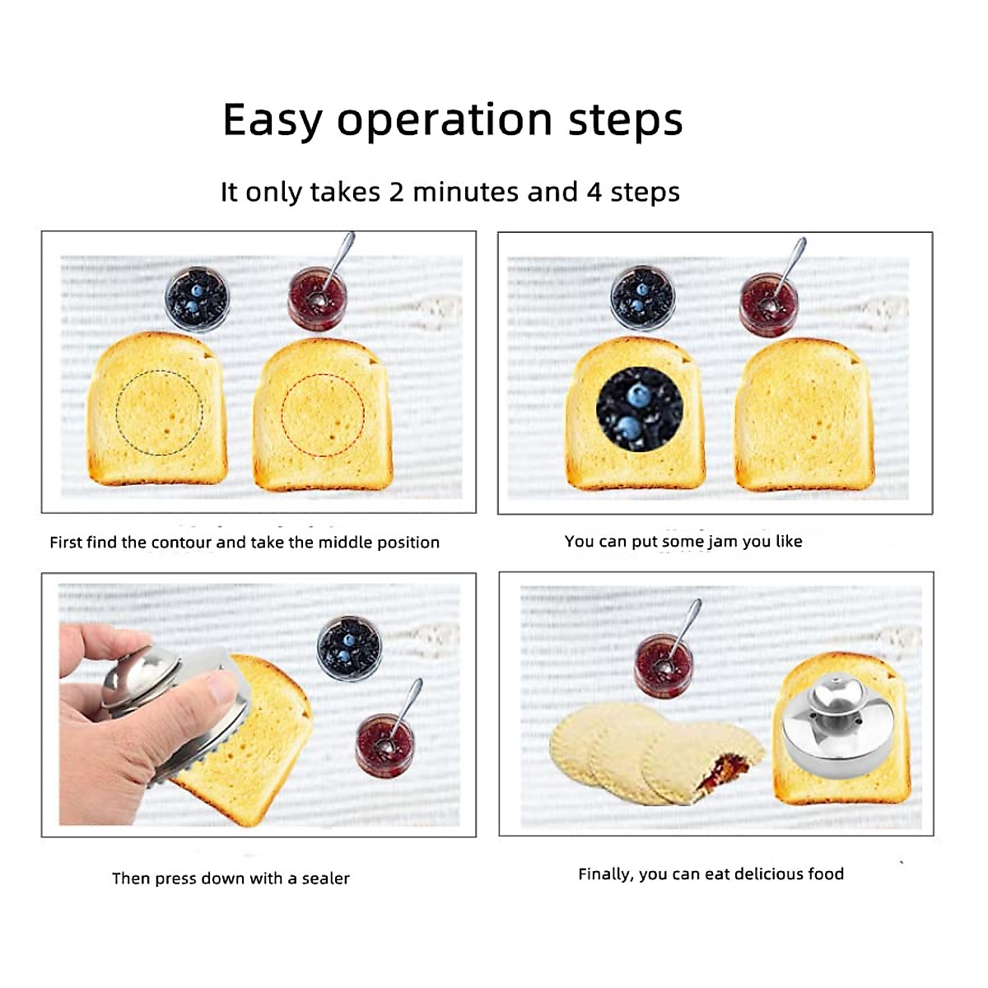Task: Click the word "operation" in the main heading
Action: [x=445, y=121]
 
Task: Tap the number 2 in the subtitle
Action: [x=397, y=192]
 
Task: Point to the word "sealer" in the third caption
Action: [x=325, y=878]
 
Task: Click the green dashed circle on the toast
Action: [x=159, y=412]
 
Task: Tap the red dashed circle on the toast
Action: [x=323, y=415]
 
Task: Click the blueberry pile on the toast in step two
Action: [x=639, y=408]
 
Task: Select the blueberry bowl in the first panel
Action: [x=197, y=298]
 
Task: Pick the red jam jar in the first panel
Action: [x=317, y=298]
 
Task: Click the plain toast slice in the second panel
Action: [x=804, y=416]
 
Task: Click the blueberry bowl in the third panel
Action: [x=349, y=648]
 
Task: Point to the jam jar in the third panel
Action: [x=384, y=745]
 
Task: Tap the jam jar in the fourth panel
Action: [x=664, y=665]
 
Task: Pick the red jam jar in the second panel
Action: [x=768, y=305]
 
